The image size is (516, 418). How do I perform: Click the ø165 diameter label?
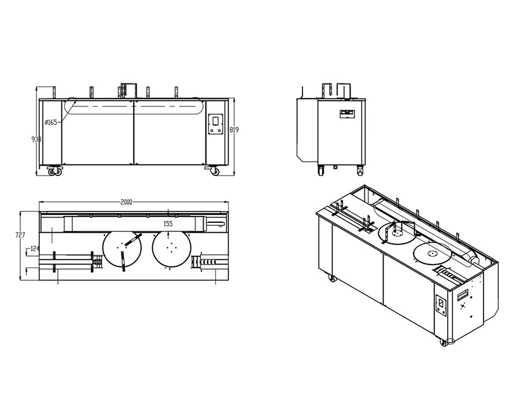51,122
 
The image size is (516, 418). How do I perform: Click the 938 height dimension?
36,140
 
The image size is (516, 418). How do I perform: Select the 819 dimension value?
234,130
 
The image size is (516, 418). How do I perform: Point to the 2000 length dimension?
126,202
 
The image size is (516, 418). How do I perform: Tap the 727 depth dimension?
20,235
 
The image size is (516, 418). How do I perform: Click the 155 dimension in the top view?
168,224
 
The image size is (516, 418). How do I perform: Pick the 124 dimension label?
35,249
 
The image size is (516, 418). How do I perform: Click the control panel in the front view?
216,124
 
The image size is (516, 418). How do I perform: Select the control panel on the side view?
347,114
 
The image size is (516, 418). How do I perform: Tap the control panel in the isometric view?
441,305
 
